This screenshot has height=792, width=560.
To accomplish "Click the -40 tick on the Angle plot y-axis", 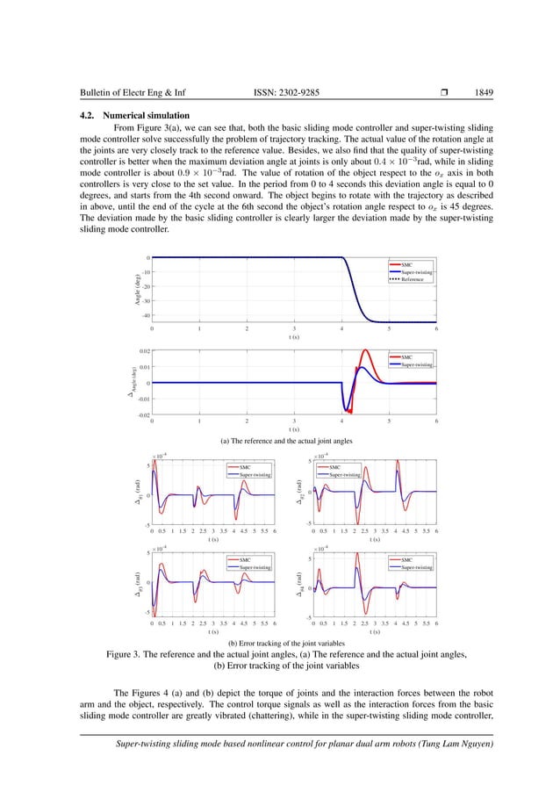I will click(145, 315).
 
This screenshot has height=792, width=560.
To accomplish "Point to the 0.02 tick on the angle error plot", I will click(143, 349).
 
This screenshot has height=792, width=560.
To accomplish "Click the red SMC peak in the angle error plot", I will click(366, 351).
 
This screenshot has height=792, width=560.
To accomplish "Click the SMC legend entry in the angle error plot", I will click(406, 356).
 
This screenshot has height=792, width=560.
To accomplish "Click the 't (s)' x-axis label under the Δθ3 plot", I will click(213, 631).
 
